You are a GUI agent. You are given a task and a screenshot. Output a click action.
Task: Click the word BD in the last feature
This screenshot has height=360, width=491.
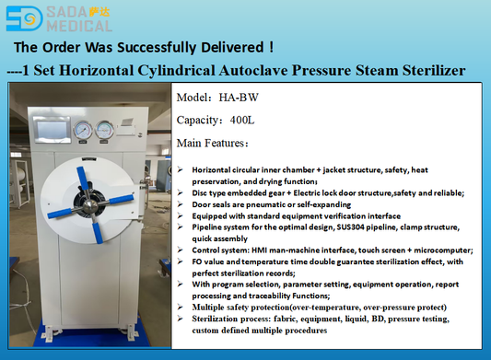tap(368, 318)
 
